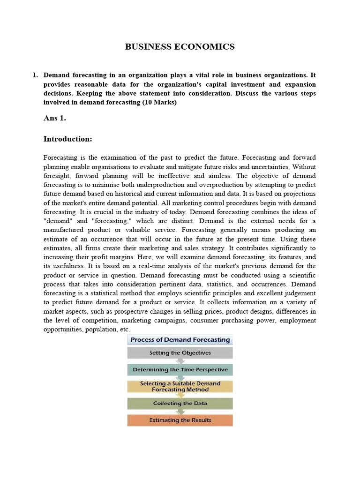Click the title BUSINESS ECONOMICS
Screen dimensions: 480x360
180,46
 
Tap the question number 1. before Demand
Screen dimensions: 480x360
35,75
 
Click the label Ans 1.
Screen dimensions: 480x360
54,118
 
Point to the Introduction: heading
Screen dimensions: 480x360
67,139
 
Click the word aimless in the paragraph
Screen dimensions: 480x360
221,176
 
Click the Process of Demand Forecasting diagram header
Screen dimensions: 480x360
180,340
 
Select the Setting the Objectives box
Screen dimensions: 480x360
180,352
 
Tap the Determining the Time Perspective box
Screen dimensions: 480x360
180,369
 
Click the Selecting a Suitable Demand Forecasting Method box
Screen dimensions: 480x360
180,386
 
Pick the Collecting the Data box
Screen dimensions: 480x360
180,403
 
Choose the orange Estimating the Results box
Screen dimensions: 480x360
180,420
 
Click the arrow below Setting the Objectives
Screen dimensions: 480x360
180,361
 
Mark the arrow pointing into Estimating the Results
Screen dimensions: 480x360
180,412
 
